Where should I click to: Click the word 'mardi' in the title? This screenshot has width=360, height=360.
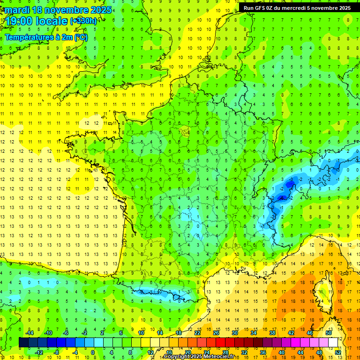(18, 10)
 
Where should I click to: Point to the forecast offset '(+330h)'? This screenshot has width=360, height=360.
(83, 21)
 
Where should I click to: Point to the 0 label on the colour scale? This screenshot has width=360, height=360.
(93, 352)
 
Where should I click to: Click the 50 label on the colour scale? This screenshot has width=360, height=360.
(329, 333)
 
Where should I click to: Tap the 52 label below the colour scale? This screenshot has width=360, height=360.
(337, 352)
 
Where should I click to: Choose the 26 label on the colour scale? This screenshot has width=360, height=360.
(216, 333)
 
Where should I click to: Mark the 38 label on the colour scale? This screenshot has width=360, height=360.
(272, 333)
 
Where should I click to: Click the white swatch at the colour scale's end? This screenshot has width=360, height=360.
(333, 343)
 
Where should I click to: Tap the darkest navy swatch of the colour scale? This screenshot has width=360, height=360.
(23, 343)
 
